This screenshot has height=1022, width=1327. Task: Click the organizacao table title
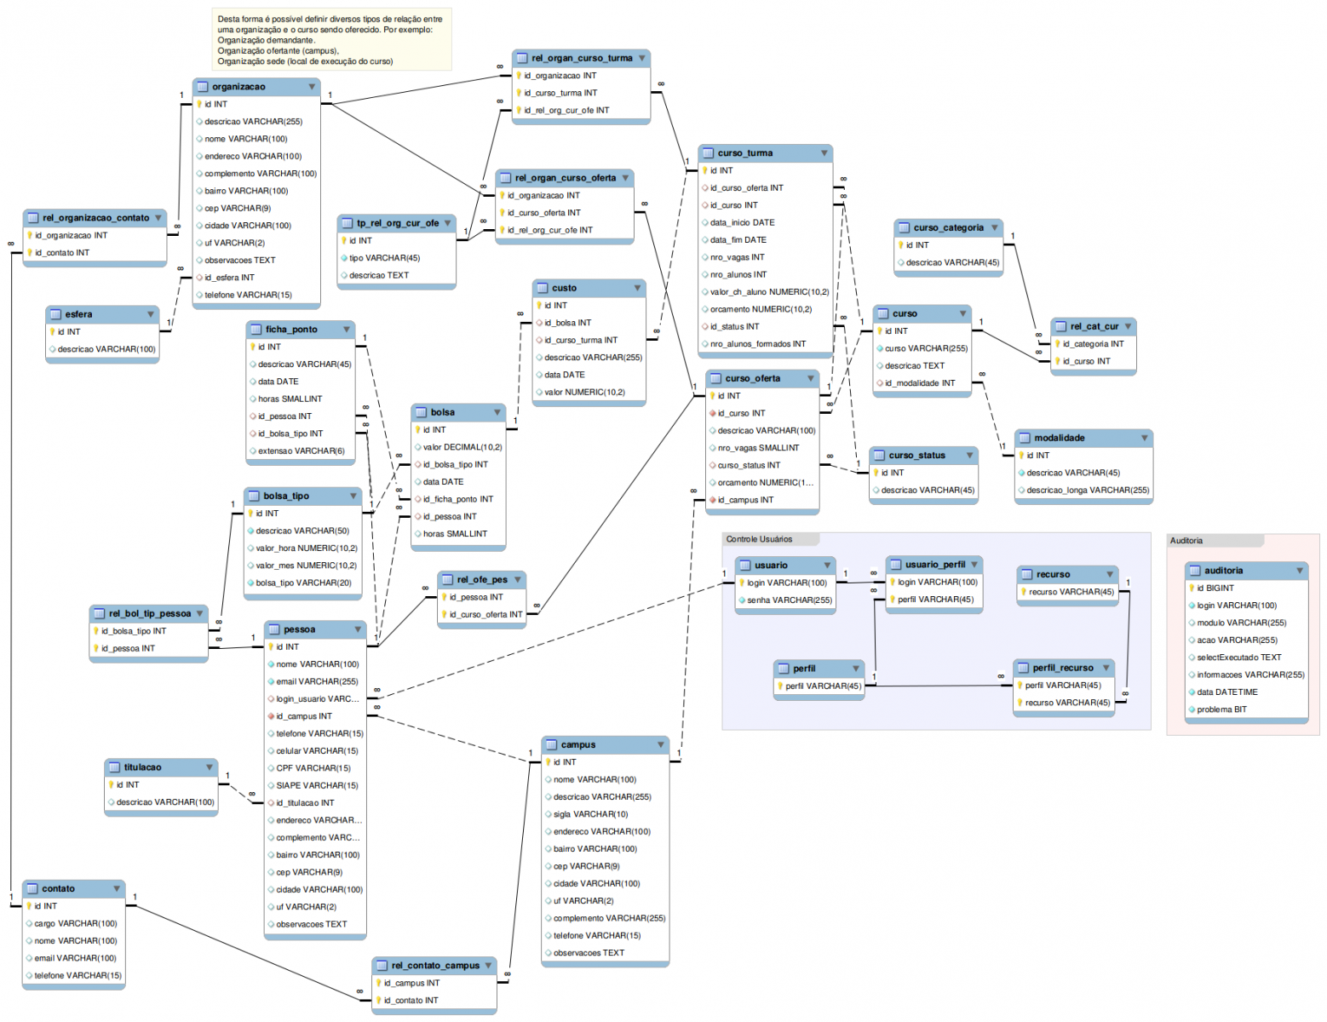(x=238, y=87)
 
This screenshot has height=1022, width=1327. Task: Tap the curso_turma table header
(x=745, y=153)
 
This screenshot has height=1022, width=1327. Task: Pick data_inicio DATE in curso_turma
(x=742, y=223)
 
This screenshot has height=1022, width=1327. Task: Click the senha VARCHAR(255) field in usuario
(x=789, y=600)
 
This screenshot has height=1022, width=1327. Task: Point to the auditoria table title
(x=1223, y=571)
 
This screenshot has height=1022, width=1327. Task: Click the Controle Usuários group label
(x=759, y=539)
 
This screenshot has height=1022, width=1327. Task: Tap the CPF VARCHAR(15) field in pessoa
(x=313, y=768)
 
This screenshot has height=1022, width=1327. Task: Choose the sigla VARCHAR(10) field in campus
(x=590, y=814)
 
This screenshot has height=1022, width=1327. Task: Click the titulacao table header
(x=142, y=767)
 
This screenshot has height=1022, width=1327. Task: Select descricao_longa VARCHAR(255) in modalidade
(x=1087, y=491)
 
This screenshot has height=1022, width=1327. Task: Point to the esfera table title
(x=79, y=314)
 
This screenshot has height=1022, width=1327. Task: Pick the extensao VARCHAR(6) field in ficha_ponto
(x=301, y=451)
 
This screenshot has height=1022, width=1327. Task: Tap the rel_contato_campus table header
(x=435, y=966)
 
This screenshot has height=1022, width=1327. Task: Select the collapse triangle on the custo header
(x=637, y=288)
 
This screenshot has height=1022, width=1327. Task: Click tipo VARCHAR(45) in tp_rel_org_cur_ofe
(x=384, y=258)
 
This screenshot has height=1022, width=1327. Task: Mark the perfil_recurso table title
(x=1063, y=668)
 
